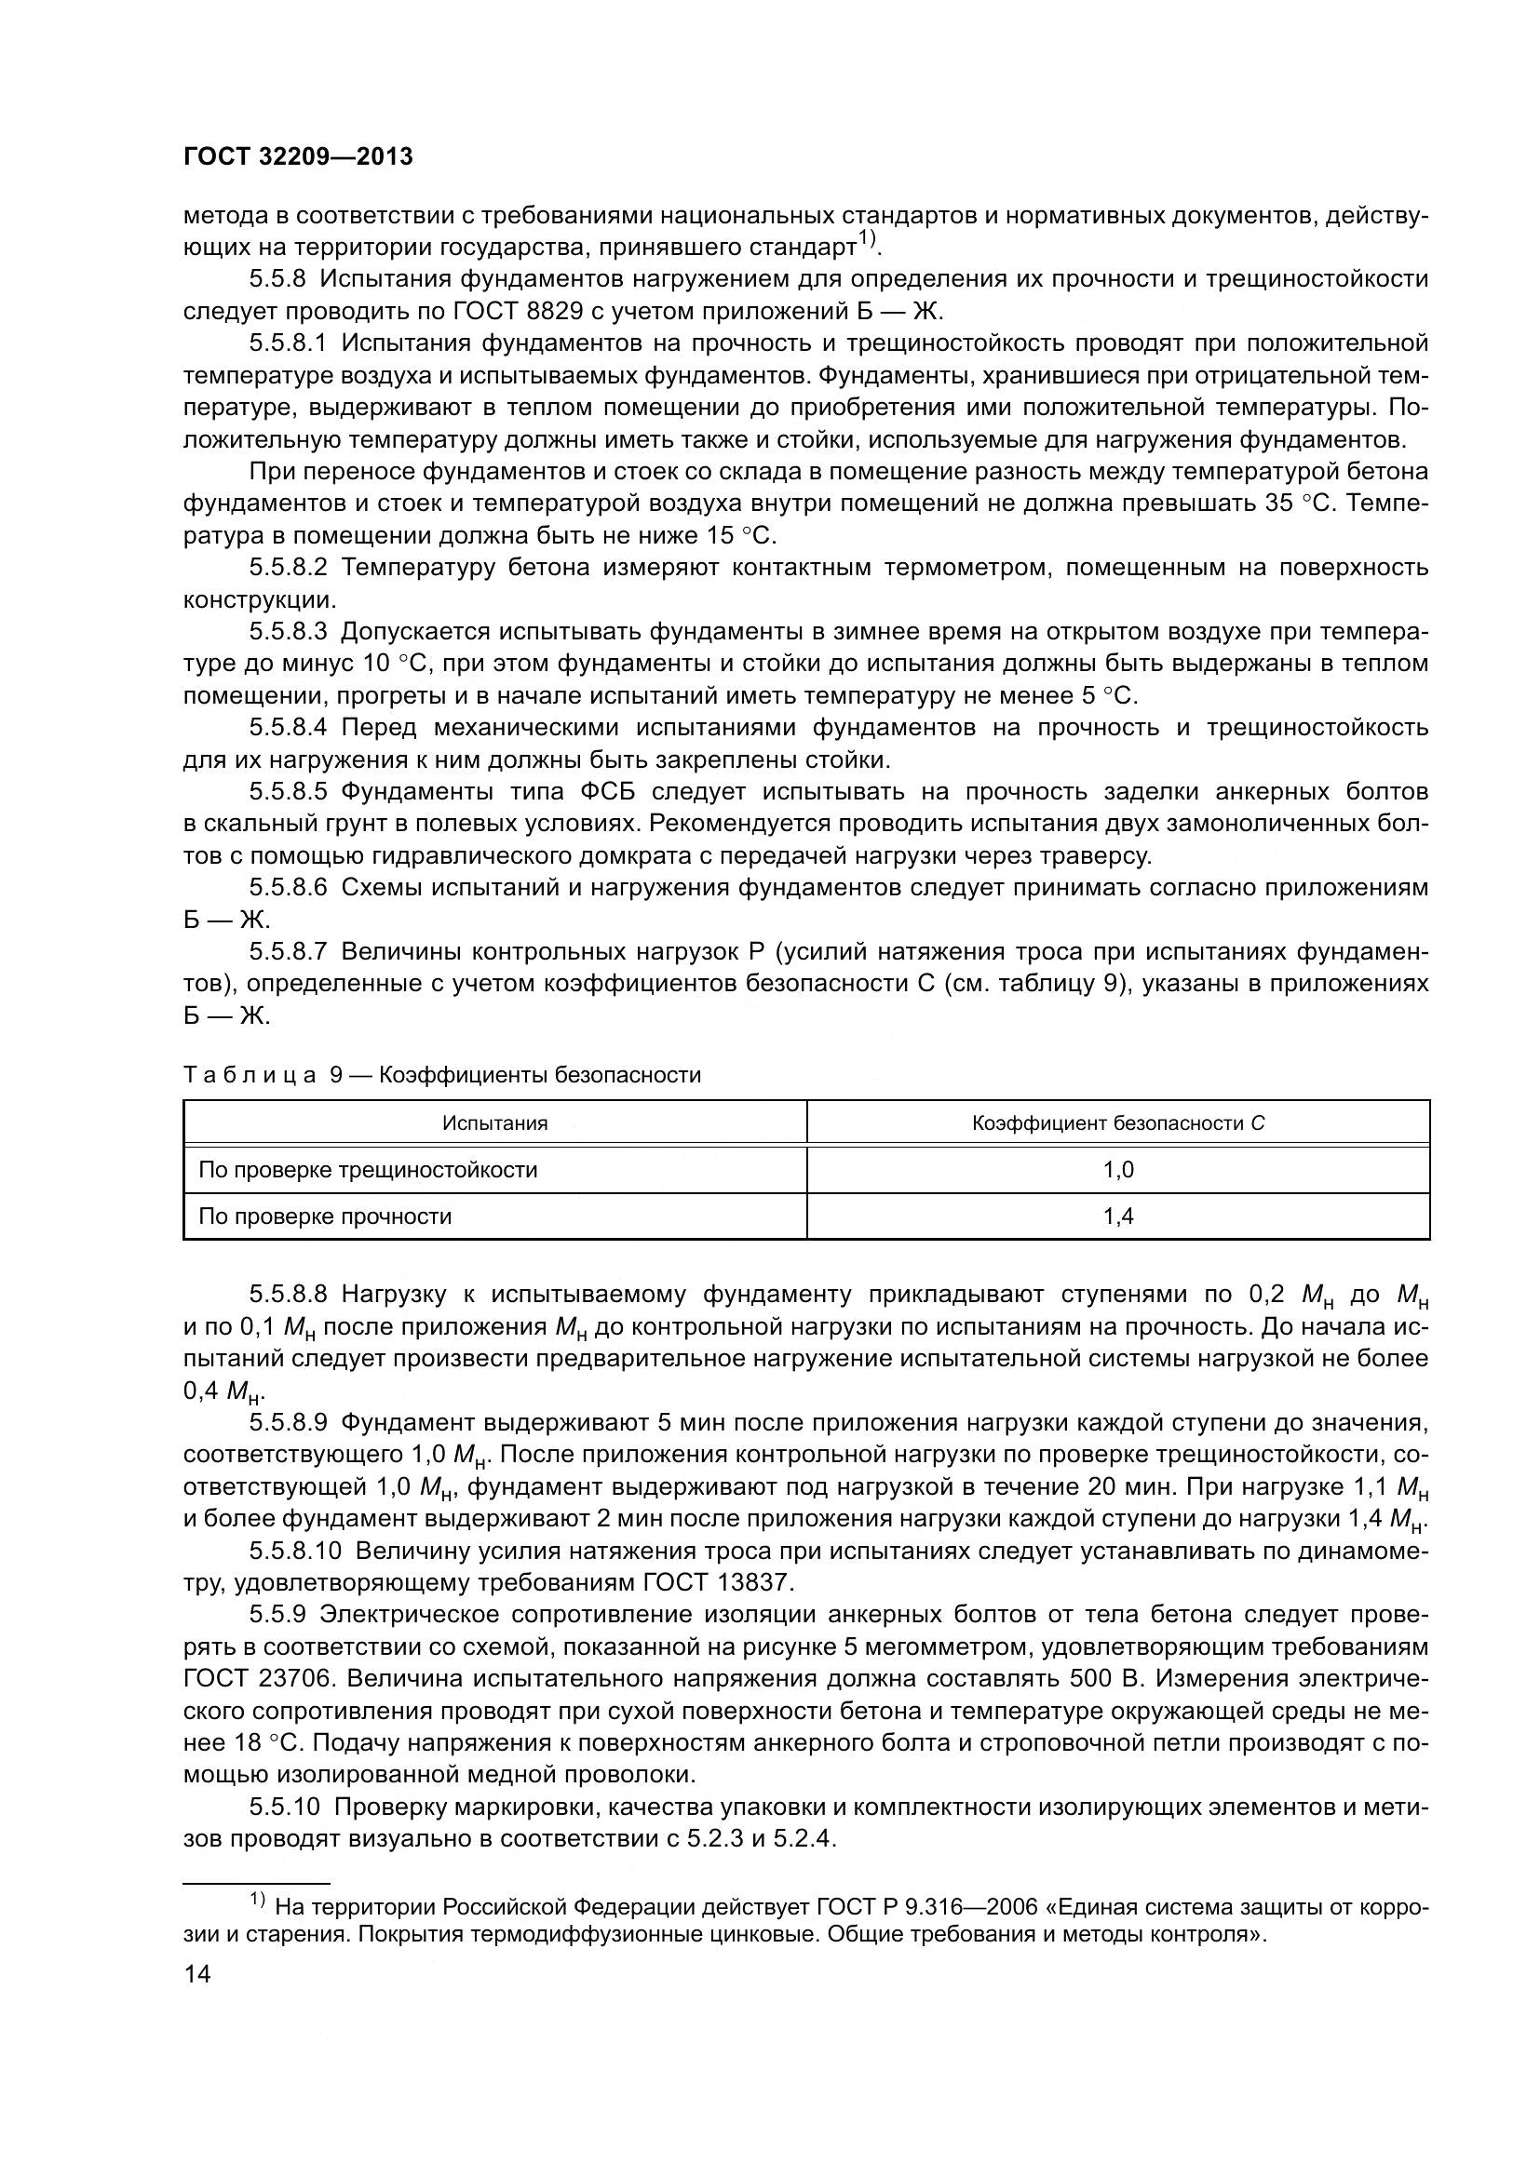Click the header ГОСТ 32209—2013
[298, 156]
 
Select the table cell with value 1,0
[1118, 1169]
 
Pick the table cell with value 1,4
[1118, 1216]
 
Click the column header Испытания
[494, 1123]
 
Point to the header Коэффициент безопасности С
[1118, 1123]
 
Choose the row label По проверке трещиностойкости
[368, 1169]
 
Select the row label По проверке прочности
[325, 1216]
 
